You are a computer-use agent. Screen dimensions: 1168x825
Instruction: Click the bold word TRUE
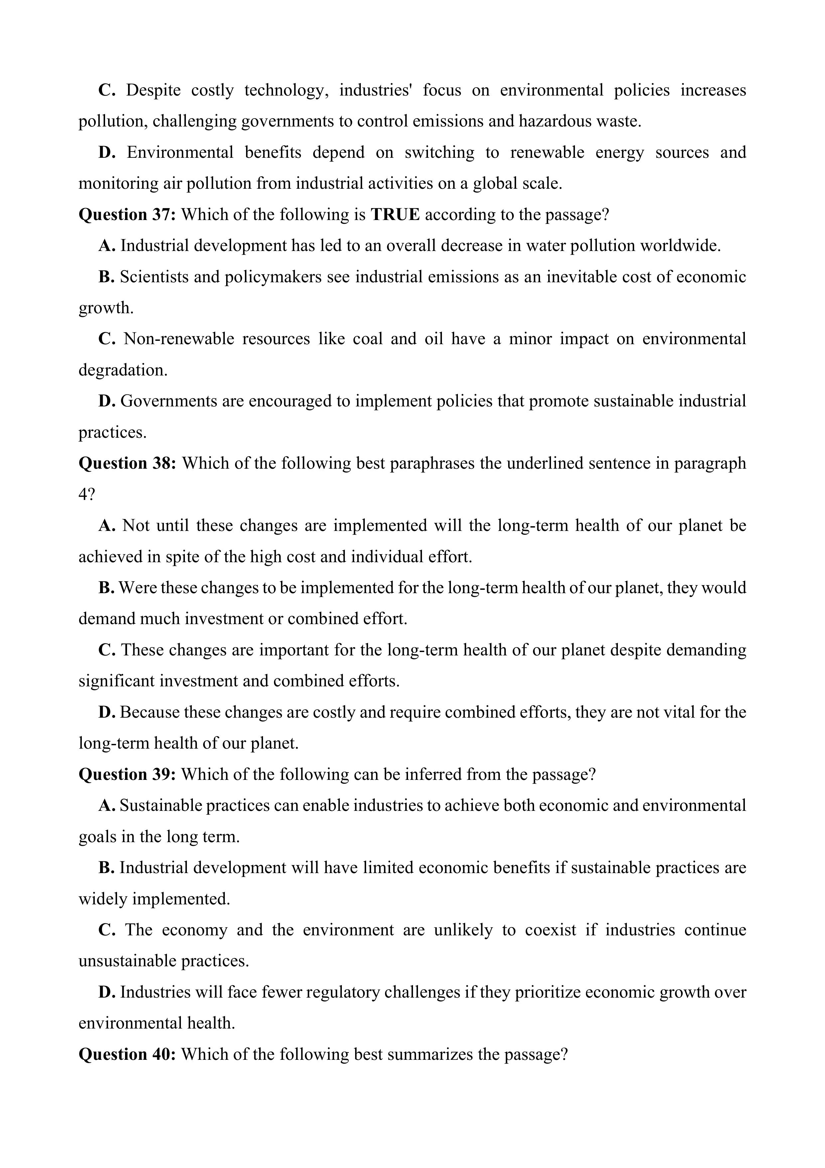coord(395,215)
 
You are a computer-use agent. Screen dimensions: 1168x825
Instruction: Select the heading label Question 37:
coord(127,215)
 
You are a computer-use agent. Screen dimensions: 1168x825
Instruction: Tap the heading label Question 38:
coord(127,463)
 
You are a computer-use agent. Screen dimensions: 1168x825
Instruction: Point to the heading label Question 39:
coord(127,774)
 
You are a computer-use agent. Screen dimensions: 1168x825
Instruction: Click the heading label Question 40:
coord(127,1054)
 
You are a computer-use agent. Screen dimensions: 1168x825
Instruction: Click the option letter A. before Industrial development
coord(107,246)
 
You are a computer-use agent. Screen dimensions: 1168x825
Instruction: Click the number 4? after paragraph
coord(86,495)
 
